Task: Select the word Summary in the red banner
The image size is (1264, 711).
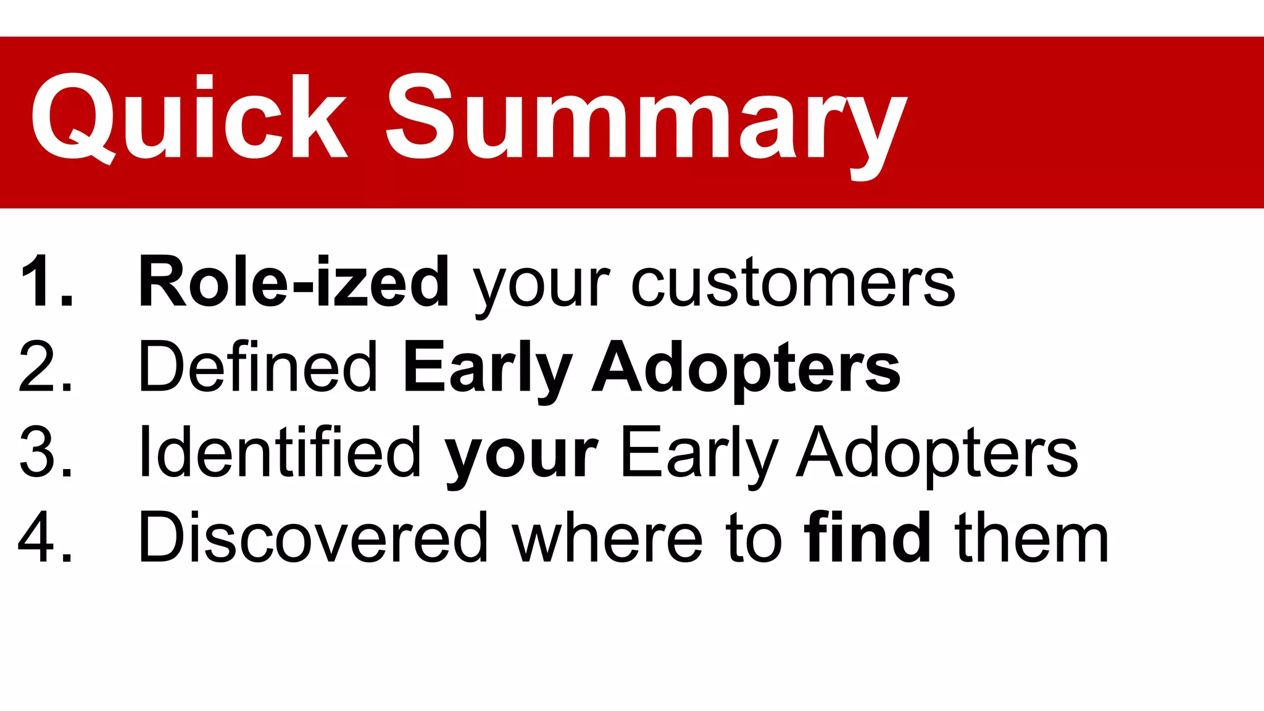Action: (645, 120)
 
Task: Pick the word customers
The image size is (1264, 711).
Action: (792, 283)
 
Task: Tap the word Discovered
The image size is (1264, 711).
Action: (314, 538)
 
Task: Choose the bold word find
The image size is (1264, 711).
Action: (868, 538)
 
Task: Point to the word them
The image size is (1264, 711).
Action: (1031, 538)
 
